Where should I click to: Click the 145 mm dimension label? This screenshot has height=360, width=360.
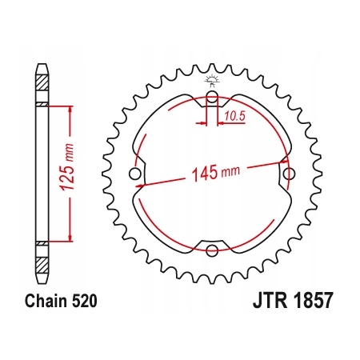pos(216,173)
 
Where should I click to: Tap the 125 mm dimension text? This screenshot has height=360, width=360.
pos(66,167)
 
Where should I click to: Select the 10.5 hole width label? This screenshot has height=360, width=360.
pos(234,116)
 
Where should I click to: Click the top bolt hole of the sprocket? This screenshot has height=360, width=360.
pos(212,96)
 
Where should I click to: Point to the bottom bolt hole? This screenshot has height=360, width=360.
pos(212,250)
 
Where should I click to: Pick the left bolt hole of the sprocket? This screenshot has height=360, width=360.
pos(134,174)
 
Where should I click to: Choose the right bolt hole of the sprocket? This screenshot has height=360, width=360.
pos(290,174)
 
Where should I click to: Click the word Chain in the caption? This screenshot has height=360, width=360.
pos(46,301)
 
